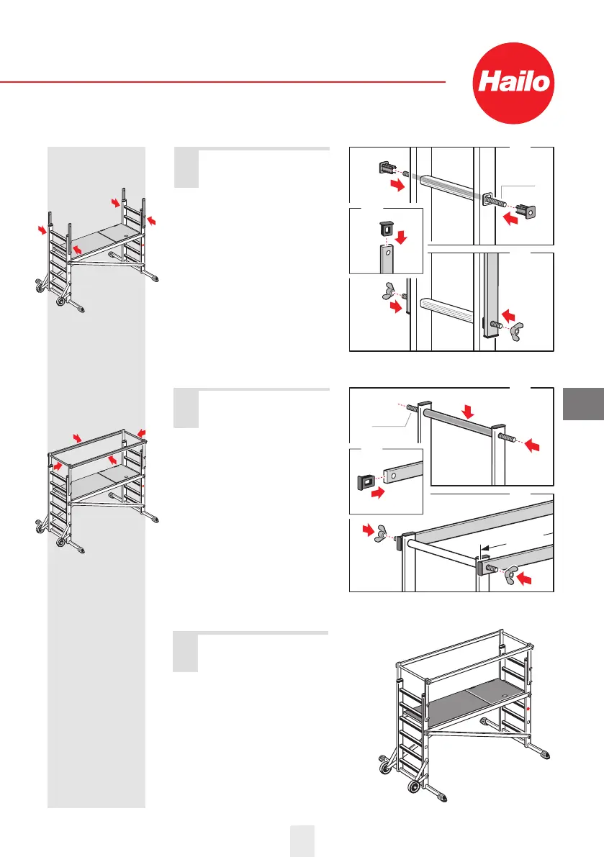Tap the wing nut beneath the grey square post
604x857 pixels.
pos(517,330)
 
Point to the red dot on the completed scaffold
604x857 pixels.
pos(528,709)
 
